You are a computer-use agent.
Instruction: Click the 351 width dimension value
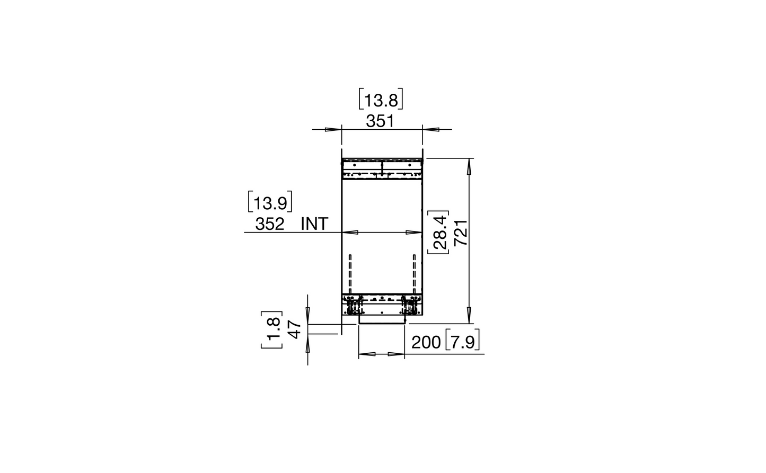click(x=380, y=121)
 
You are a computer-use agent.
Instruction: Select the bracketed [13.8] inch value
click(x=381, y=100)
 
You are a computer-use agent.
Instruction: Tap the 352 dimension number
click(x=270, y=224)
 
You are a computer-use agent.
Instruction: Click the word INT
click(x=314, y=224)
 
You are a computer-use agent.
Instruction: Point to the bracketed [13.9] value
click(x=270, y=202)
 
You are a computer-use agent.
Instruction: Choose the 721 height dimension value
click(x=461, y=232)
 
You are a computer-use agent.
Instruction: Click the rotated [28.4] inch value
click(x=440, y=233)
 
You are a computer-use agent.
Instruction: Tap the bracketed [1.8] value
click(x=272, y=330)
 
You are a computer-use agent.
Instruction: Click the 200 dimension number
click(x=426, y=343)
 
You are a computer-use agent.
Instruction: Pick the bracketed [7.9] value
click(x=462, y=343)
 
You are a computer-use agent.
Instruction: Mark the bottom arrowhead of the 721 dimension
click(x=468, y=316)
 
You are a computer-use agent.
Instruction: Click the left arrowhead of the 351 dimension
click(x=333, y=129)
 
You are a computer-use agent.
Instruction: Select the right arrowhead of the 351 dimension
click(x=430, y=129)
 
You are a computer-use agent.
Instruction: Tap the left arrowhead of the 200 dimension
click(x=367, y=354)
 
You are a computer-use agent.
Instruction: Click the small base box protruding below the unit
click(x=382, y=320)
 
